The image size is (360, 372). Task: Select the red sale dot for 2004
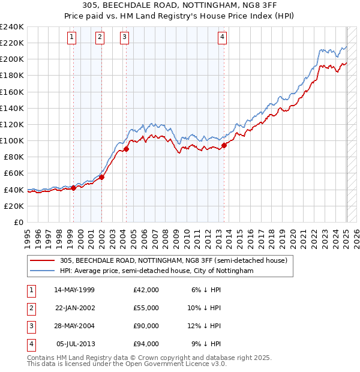coord(127,149)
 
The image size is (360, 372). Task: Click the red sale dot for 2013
coord(224,145)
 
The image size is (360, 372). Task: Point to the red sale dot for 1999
coord(73,188)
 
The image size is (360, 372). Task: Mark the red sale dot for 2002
coord(101,177)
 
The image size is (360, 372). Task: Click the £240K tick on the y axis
coord(12,27)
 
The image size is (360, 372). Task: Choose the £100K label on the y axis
coord(12,140)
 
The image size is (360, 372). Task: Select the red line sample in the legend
coord(43,260)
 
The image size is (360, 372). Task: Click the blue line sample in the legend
coord(43,271)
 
